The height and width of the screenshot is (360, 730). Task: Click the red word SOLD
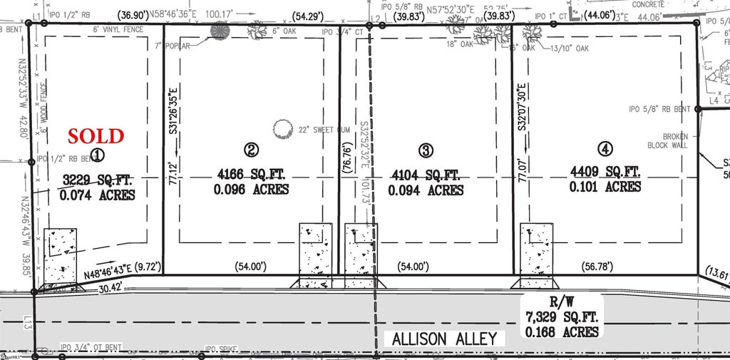pos(96,135)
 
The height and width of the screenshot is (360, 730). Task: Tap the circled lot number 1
pos(98,154)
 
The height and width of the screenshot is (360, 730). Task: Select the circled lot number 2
pos(251,150)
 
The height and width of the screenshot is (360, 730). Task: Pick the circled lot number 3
pos(426,150)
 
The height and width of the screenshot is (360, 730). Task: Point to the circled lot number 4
pos(605,149)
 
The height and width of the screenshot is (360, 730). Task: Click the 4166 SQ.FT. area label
pos(251,173)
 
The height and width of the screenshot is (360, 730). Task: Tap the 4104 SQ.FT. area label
pos(426,173)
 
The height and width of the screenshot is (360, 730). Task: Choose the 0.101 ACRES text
pos(605,187)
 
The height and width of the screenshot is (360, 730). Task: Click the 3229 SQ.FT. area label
pos(98,178)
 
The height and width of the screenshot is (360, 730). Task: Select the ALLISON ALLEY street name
pos(444,339)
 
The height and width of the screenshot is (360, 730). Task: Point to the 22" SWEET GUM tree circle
pos(283,129)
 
